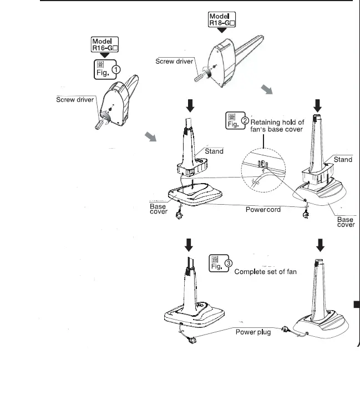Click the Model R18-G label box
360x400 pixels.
[221, 20]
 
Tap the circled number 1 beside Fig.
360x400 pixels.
[116, 69]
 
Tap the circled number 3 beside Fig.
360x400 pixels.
[229, 263]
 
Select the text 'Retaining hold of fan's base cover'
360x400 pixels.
[285, 125]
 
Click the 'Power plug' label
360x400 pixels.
[253, 333]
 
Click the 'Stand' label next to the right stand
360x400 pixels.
[342, 159]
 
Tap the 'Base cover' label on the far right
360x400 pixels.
[345, 222]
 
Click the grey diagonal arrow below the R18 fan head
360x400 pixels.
[267, 90]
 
